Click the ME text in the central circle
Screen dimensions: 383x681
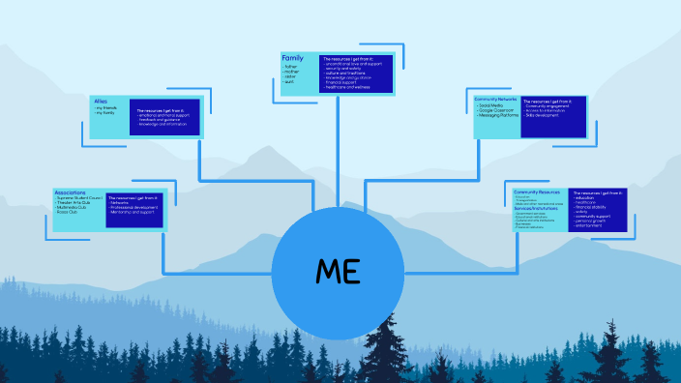(x=338, y=272)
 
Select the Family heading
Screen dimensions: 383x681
(x=292, y=58)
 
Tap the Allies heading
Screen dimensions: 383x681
(x=101, y=101)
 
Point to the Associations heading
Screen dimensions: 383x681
(x=71, y=192)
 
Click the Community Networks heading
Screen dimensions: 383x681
(x=495, y=100)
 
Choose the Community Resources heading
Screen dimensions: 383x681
(x=538, y=191)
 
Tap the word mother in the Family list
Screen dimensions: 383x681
(x=291, y=72)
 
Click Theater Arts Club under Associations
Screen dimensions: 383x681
(x=76, y=203)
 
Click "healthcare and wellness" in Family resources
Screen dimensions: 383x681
(x=348, y=88)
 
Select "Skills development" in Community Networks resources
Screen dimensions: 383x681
(x=544, y=116)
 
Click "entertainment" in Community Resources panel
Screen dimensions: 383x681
(x=593, y=225)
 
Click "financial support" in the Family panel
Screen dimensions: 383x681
(x=343, y=83)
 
